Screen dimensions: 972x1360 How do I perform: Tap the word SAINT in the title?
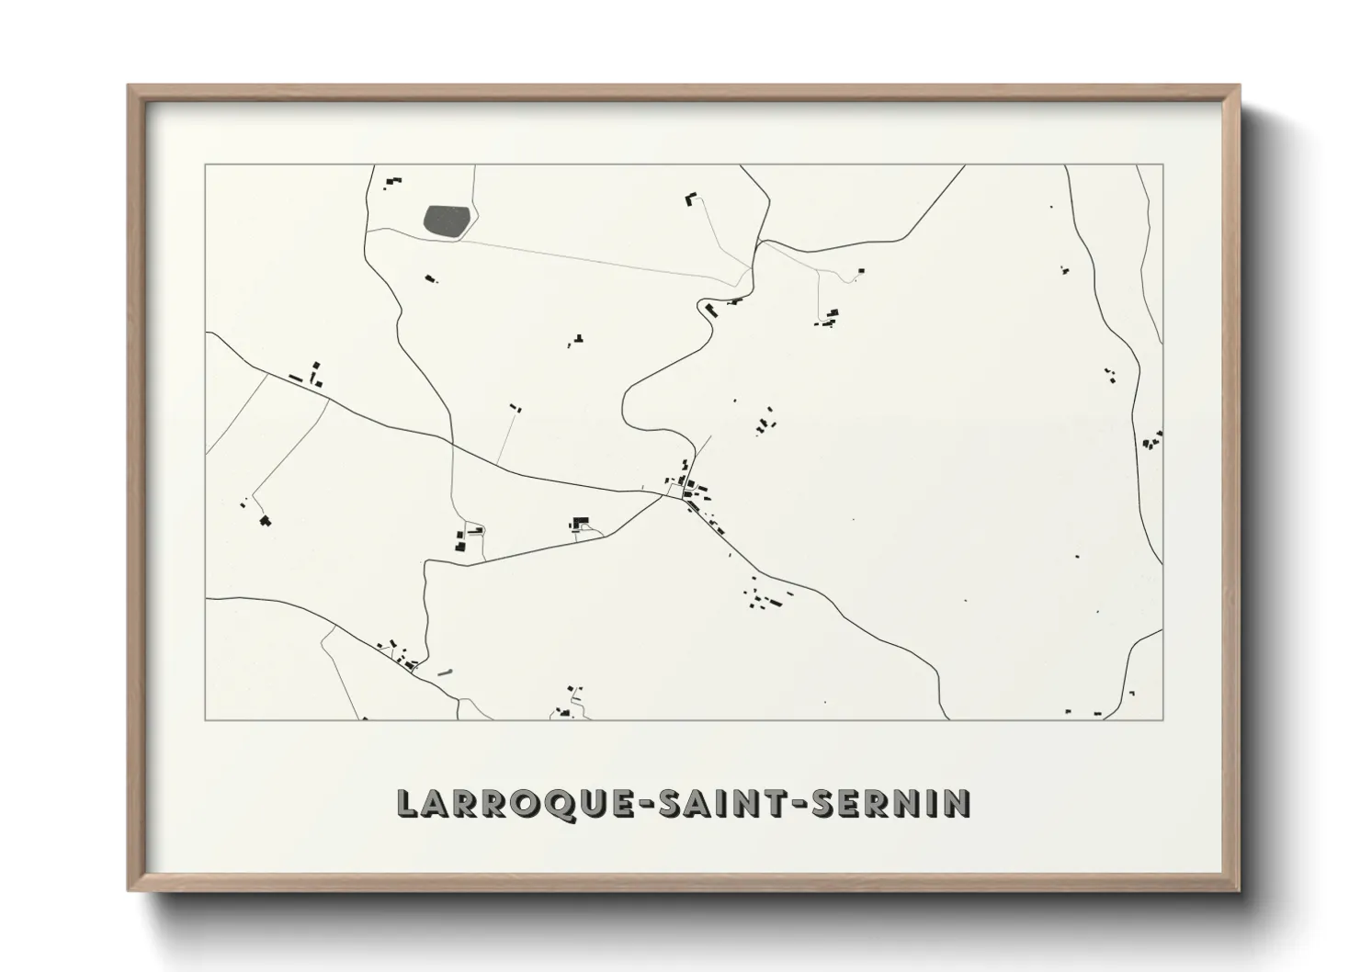coord(720,803)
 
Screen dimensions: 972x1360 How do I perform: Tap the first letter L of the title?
coord(404,804)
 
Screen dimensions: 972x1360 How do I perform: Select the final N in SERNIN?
coord(958,803)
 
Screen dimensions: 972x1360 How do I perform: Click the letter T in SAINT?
coord(776,803)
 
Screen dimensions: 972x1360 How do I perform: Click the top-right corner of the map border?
coord(1162,165)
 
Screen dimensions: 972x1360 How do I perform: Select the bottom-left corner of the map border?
coord(206,719)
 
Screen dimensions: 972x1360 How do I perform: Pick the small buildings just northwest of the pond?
coord(393,181)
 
